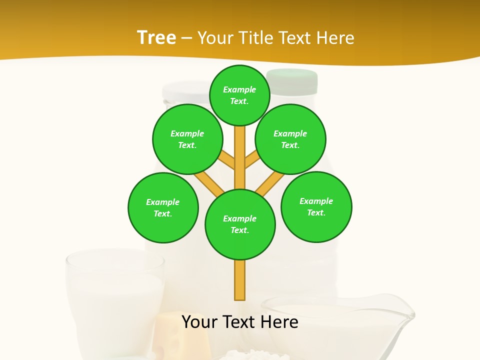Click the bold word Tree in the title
156,37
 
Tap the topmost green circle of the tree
239,95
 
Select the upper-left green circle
187,139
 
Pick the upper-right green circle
290,139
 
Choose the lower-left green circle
162,207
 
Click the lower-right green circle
316,206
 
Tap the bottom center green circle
239,224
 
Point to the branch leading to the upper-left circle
227,160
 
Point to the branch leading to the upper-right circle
251,159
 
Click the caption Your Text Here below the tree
239,322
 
